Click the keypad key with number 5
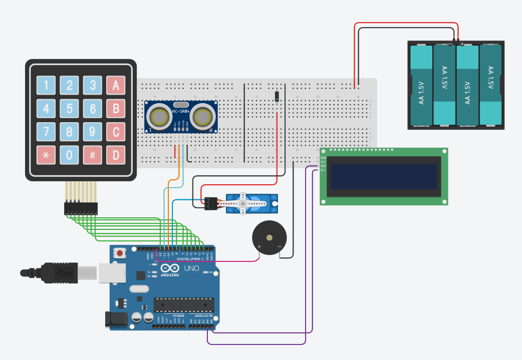(x=70, y=108)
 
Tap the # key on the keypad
(x=93, y=155)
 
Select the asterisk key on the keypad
(x=46, y=155)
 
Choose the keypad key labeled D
(x=116, y=155)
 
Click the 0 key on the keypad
(x=70, y=155)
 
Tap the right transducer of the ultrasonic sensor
(x=202, y=118)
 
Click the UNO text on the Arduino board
(x=192, y=269)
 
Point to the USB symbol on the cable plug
(x=61, y=273)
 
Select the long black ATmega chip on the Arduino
(x=184, y=304)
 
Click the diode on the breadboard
(x=277, y=96)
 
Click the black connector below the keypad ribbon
(x=80, y=208)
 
